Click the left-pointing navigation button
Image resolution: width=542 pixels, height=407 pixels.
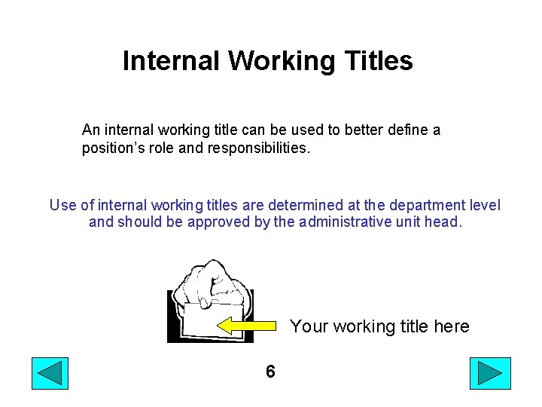click(50, 373)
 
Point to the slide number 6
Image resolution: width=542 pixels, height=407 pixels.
click(270, 372)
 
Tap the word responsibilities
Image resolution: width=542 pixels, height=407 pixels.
click(261, 148)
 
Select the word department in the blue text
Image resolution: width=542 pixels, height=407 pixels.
click(424, 205)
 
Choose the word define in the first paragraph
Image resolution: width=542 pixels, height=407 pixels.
click(406, 130)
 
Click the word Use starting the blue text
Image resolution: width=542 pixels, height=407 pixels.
click(62, 205)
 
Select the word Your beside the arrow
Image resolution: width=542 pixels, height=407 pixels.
click(309, 326)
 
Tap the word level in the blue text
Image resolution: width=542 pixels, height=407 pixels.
click(483, 205)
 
